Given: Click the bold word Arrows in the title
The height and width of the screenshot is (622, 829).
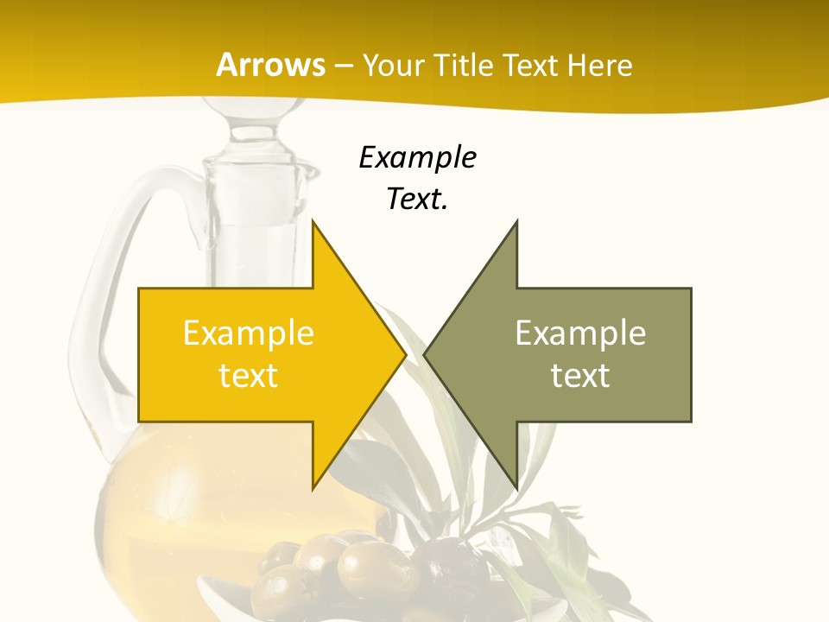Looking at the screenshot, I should coord(270,65).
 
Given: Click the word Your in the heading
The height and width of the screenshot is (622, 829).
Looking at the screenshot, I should coord(392,66).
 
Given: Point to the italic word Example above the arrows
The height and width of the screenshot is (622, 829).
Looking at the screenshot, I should coord(418,158).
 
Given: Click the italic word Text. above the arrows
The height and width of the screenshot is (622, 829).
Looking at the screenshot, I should coord(418,200).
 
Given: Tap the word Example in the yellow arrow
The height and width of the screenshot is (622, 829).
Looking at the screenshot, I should coord(249,333).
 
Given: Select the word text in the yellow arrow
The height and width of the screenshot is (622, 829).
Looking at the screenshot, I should coord(249,376).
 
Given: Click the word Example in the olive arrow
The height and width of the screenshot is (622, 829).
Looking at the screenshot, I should coord(580,333).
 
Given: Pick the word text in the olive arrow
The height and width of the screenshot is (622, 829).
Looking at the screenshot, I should coord(580,376).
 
